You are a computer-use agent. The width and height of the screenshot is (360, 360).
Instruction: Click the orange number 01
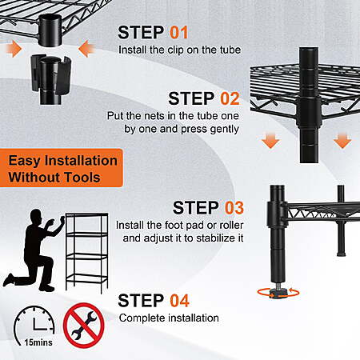[179, 33]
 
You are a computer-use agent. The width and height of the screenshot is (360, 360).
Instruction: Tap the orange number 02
[230, 98]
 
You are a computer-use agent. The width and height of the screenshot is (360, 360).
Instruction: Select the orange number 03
[234, 208]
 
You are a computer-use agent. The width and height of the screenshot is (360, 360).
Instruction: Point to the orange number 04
[179, 301]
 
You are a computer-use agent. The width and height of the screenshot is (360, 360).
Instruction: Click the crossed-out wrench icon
[83, 326]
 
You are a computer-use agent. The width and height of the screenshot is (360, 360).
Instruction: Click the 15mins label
[38, 342]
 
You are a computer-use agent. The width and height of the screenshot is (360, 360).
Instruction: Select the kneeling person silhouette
[34, 250]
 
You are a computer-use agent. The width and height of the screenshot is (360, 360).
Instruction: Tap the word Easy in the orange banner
[24, 161]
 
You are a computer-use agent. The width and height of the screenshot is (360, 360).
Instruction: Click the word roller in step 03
[231, 226]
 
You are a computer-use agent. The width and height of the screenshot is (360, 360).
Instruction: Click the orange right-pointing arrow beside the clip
[14, 49]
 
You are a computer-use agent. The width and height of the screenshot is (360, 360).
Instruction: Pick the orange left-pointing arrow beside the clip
[86, 49]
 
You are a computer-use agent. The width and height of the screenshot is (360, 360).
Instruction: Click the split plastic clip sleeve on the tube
[51, 75]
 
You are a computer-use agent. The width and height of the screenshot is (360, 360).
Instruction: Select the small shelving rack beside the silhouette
[86, 253]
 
